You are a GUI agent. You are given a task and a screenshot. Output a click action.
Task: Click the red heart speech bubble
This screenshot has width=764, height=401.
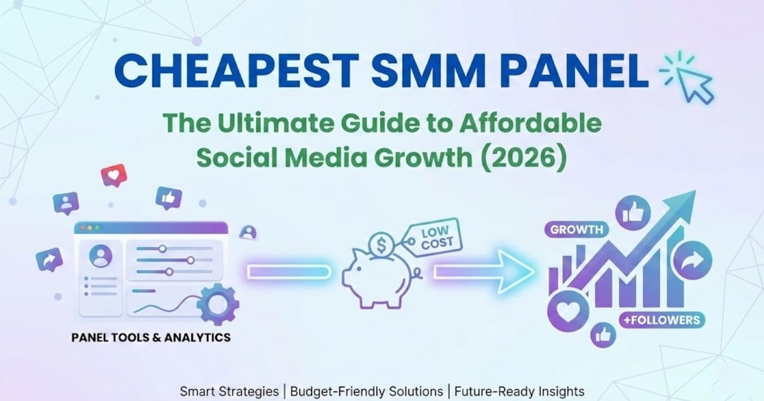(114, 174)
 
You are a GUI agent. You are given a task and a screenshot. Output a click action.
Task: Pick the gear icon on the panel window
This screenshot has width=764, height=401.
(216, 302)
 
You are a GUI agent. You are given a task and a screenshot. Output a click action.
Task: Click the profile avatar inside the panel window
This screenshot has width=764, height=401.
(101, 257)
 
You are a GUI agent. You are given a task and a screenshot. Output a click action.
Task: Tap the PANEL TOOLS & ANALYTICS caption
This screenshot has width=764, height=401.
(150, 337)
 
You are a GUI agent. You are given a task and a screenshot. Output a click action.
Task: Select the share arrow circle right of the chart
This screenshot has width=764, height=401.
(688, 263)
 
